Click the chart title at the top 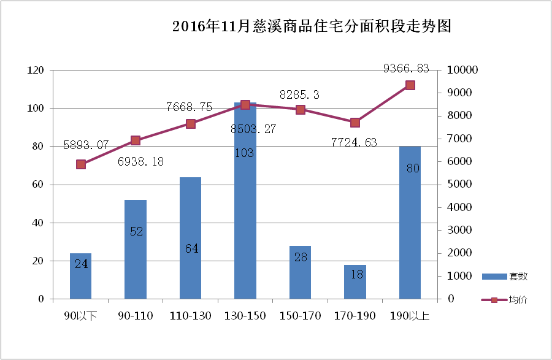tap(312, 27)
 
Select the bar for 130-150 tap(245, 202)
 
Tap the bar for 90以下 tap(80, 276)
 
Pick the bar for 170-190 tap(355, 282)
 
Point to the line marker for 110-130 tap(191, 124)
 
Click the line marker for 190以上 tap(410, 85)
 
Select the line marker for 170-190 tap(355, 123)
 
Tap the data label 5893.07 tap(86, 145)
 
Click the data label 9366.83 tap(405, 68)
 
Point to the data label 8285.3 tap(299, 95)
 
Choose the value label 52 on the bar tap(136, 231)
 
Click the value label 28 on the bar tap(301, 257)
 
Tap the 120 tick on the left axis tap(36, 71)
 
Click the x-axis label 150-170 tap(300, 316)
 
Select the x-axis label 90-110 tap(136, 316)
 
